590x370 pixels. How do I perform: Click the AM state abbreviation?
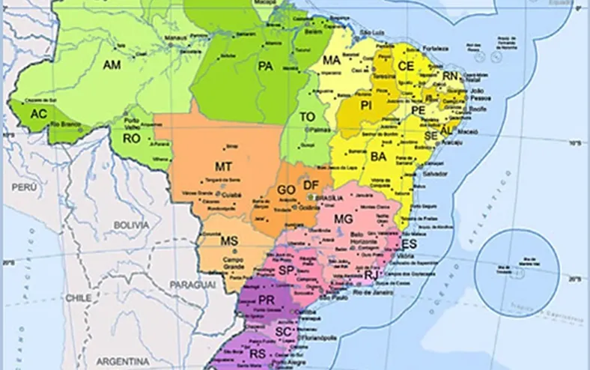click(x=112, y=66)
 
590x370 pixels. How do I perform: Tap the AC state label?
click(x=38, y=115)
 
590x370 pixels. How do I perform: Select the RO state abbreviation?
click(x=132, y=139)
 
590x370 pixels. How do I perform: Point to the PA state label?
click(x=265, y=67)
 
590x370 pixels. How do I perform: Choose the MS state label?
click(x=229, y=240)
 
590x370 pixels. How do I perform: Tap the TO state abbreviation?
click(x=307, y=117)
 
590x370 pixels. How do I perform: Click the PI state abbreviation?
click(x=366, y=106)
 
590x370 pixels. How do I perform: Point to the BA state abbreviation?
click(x=378, y=157)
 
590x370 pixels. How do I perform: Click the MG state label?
click(x=343, y=219)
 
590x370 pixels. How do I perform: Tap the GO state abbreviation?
click(x=286, y=189)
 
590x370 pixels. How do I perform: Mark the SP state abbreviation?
click(x=285, y=270)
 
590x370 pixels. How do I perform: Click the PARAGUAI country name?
click(x=192, y=285)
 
